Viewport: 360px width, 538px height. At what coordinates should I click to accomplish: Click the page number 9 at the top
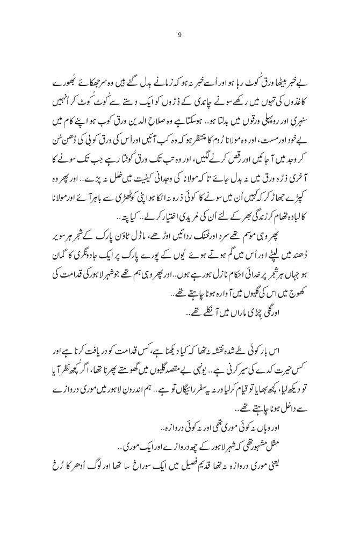pos(180,36)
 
